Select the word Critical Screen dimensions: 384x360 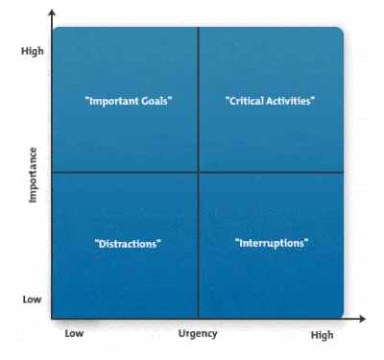pos(246,100)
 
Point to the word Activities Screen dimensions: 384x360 pos(292,100)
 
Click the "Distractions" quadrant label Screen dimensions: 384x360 pos(128,244)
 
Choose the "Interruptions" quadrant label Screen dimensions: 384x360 pos(272,243)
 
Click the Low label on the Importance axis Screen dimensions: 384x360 pos(32,299)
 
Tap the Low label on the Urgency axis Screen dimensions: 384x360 pos(75,334)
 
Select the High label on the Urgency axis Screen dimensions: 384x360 pos(322,335)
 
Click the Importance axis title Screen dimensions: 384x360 pos(33,174)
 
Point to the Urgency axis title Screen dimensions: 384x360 pos(199,334)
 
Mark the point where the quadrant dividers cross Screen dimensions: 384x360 pos(198,173)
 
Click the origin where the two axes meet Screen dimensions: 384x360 pos(52,318)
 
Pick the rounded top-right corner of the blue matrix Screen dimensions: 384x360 pos(338,32)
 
